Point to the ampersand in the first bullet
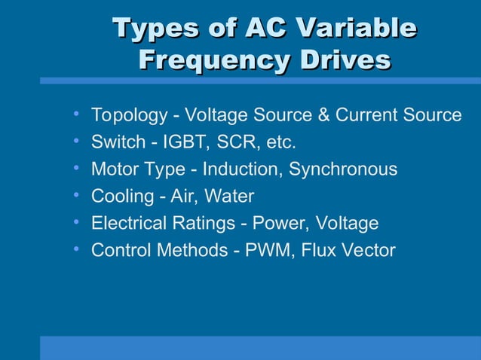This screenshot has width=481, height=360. (x=320, y=115)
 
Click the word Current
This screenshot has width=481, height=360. (x=367, y=115)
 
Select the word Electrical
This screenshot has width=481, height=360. (x=129, y=224)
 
